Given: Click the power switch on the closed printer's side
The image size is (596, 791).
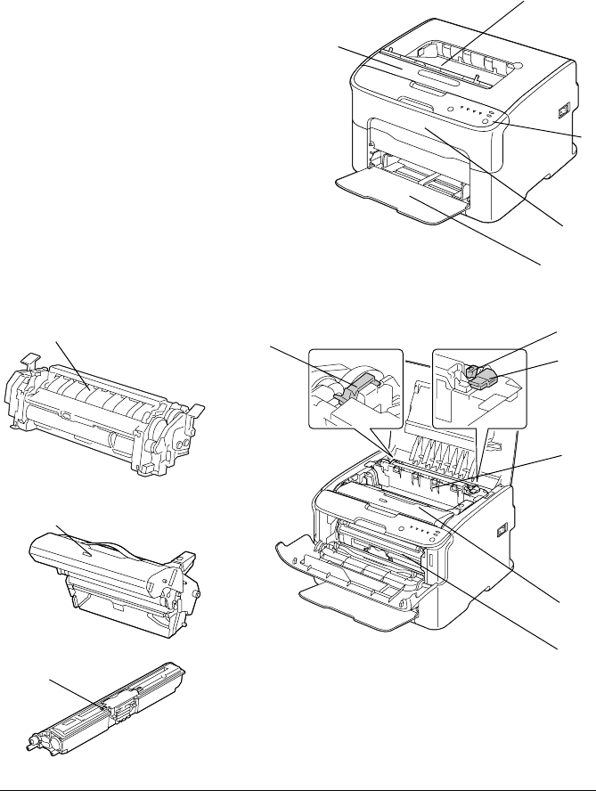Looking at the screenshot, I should pyautogui.click(x=562, y=111).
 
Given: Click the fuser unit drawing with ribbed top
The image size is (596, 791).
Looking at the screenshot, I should pyautogui.click(x=102, y=414).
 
